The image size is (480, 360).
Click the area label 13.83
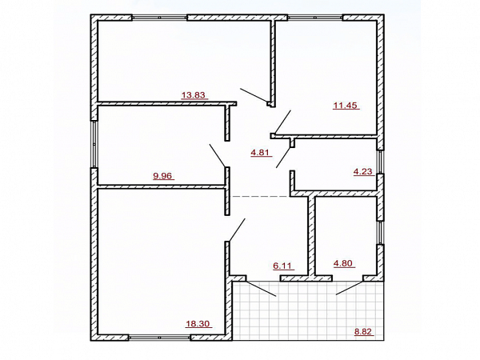(194, 95)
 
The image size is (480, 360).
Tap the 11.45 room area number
(345, 106)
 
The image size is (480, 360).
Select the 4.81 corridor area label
(260, 153)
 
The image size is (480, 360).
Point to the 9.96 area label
(162, 176)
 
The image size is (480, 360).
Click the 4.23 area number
(362, 172)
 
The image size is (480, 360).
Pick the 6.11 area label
(282, 266)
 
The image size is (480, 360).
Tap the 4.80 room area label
(343, 263)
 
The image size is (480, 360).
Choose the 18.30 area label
(198, 324)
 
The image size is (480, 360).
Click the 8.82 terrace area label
(363, 331)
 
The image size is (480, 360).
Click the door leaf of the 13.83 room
(254, 95)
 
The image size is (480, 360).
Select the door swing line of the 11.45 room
(282, 122)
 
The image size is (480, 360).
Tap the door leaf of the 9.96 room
(218, 155)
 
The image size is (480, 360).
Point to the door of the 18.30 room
(237, 230)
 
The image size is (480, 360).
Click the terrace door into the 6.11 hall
(261, 288)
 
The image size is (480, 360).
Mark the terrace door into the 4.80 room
(350, 288)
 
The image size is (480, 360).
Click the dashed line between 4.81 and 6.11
(261, 196)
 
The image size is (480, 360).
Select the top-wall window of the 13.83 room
(159, 18)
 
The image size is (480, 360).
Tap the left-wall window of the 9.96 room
(94, 144)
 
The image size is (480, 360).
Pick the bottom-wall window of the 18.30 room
(159, 338)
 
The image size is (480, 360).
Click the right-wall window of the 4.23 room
(380, 162)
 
